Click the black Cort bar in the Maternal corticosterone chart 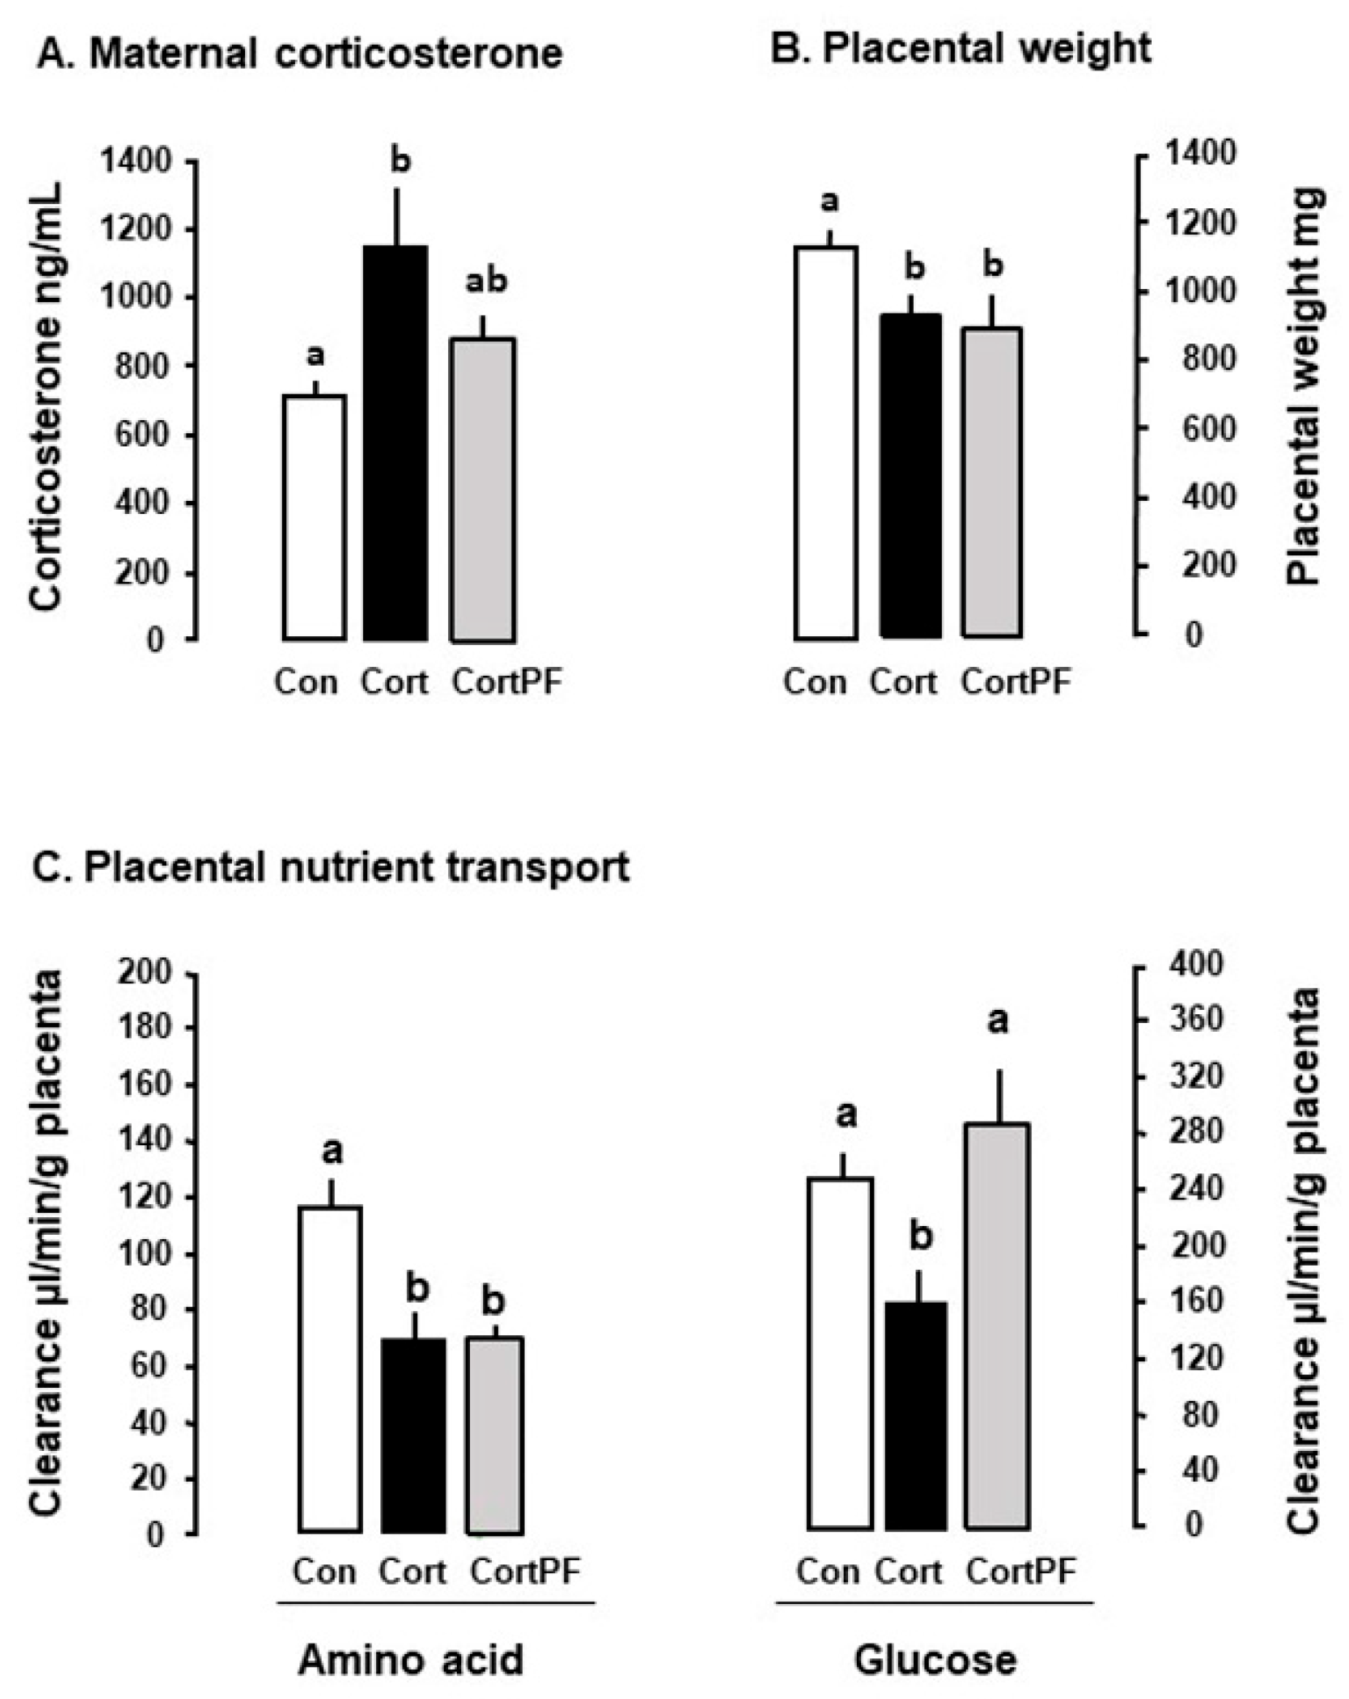(x=395, y=443)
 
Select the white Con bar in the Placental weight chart (x=826, y=443)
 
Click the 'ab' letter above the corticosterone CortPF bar (x=485, y=282)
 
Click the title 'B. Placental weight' (x=959, y=49)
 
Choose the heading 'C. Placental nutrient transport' (x=331, y=867)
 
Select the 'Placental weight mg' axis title (x=1304, y=386)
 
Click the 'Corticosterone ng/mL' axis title (x=47, y=397)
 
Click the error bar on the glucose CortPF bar (x=997, y=1096)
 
